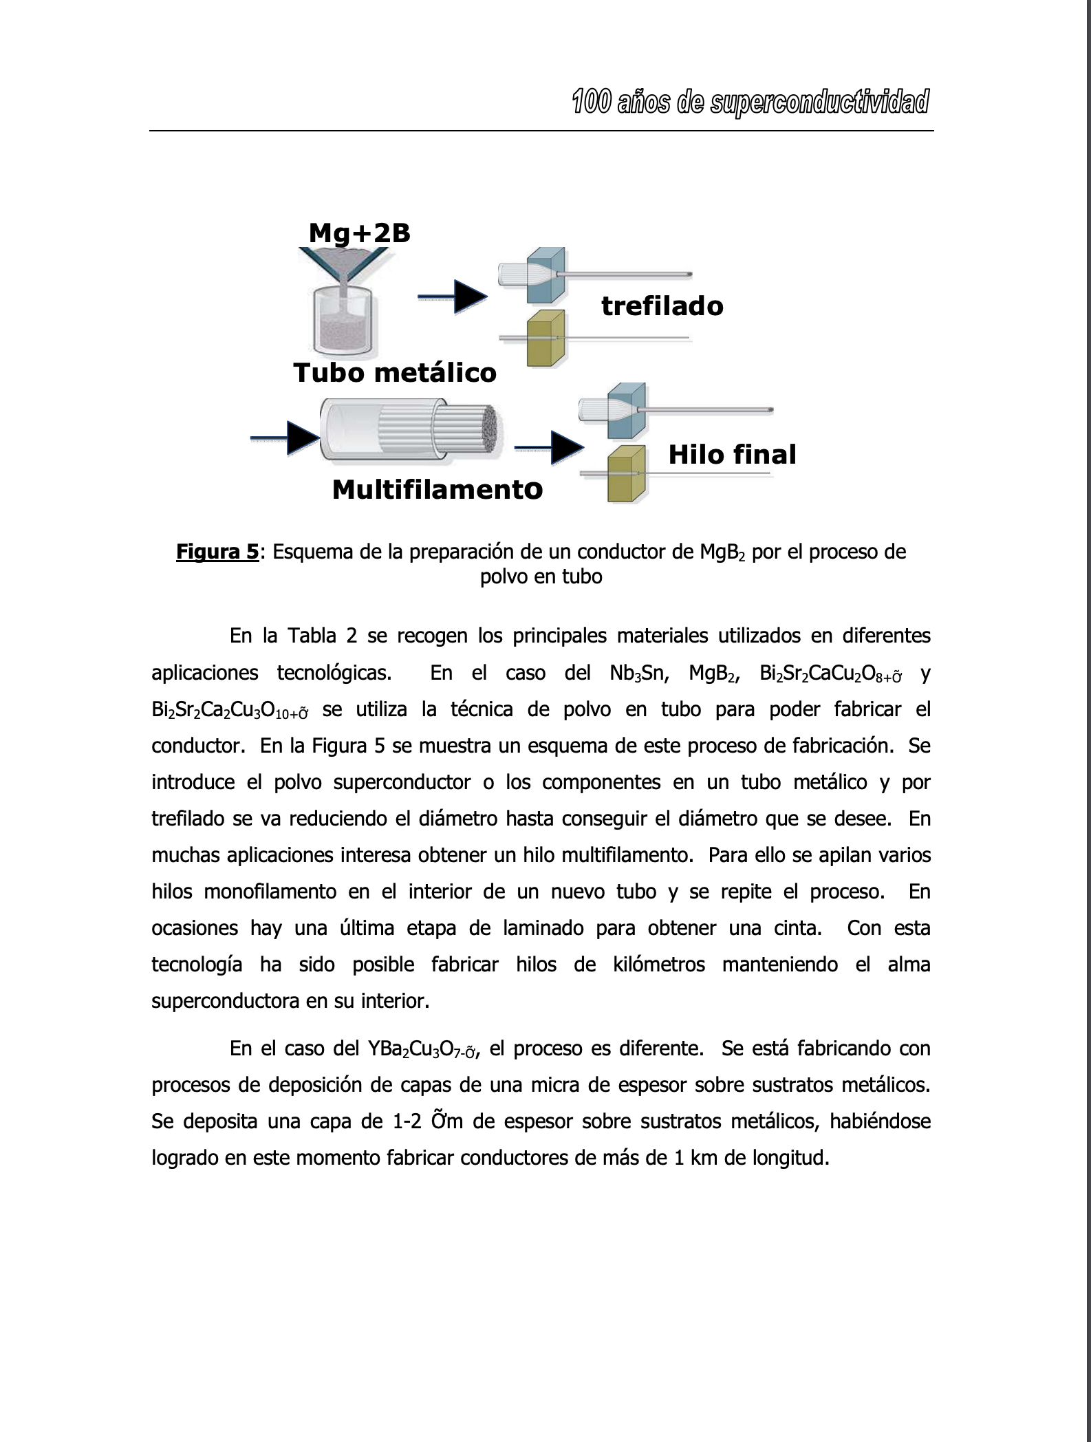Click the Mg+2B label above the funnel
[x=359, y=233]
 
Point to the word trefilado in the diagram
[x=662, y=306]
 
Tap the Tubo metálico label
[x=394, y=373]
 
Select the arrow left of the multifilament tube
[x=285, y=438]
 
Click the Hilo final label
[x=732, y=455]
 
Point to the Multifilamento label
[x=437, y=490]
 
